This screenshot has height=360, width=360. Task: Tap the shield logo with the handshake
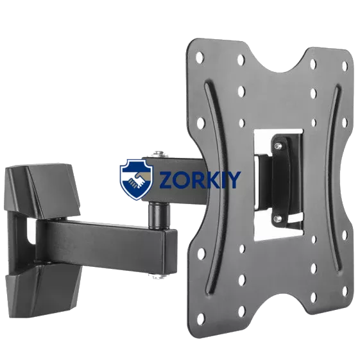[x=137, y=180]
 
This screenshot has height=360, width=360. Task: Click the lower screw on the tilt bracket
[x=279, y=218]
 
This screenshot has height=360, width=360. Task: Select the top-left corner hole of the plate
[x=200, y=56]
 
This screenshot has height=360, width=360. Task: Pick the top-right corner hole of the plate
[x=345, y=66]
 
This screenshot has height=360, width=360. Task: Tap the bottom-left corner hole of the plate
[x=201, y=318]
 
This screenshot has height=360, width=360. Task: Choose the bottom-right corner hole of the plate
[x=345, y=291]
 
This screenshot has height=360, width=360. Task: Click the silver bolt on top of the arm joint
[x=159, y=153]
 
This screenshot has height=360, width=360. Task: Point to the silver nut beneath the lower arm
[x=157, y=277]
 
